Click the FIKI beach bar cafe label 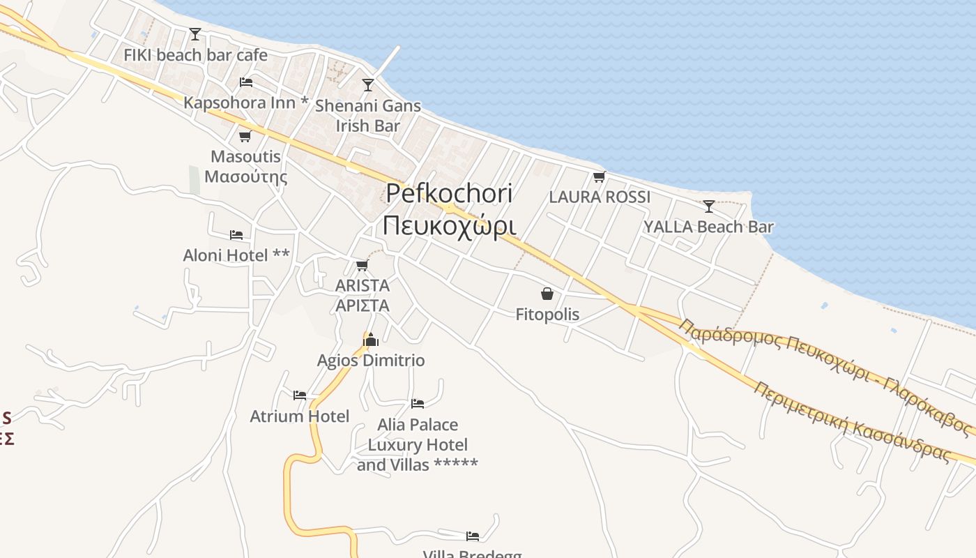(195, 54)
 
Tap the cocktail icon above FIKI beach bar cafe (195, 33)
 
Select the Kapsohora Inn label (245, 103)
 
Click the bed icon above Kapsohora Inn (245, 82)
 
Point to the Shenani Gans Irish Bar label (368, 116)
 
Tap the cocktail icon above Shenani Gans (368, 85)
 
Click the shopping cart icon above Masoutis (245, 136)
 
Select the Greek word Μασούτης (245, 176)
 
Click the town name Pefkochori (449, 193)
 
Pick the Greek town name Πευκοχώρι (449, 225)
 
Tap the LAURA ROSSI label (600, 197)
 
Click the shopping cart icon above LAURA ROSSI (600, 176)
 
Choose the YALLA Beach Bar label (708, 227)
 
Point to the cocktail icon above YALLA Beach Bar (708, 206)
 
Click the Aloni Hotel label (236, 255)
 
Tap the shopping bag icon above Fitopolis (547, 294)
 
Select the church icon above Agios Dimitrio (370, 340)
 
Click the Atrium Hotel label (300, 416)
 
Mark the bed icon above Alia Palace (418, 403)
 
